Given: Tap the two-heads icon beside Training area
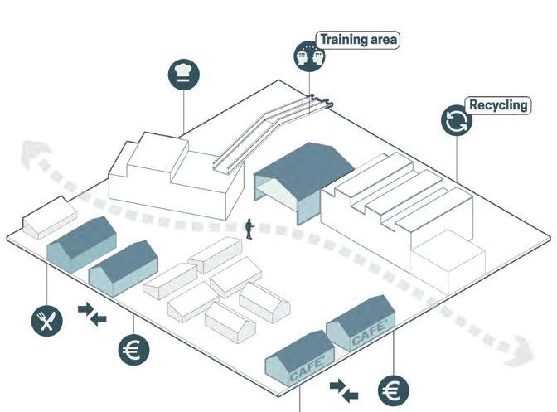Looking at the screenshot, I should [x=308, y=56].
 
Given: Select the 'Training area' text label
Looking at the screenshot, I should [x=358, y=40].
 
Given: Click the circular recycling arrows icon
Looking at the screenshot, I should [x=456, y=121].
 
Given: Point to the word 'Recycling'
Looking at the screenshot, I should [x=498, y=105].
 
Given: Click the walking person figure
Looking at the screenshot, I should [x=249, y=229].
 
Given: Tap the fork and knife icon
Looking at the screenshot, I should [x=46, y=318].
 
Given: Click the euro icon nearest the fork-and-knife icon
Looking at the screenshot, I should [x=133, y=349].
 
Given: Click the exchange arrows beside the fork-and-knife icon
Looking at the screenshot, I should [x=92, y=314].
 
